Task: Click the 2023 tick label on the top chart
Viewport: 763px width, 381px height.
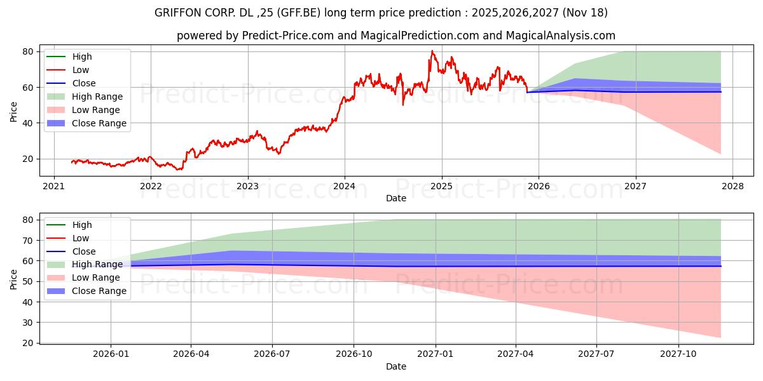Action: tap(247, 187)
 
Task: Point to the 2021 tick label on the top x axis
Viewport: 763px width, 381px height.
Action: tap(53, 187)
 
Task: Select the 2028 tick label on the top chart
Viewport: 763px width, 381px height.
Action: tap(732, 187)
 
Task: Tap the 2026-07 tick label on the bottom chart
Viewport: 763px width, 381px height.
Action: tap(272, 355)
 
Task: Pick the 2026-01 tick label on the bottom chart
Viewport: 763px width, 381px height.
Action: tap(111, 355)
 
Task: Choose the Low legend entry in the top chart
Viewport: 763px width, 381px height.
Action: tap(81, 70)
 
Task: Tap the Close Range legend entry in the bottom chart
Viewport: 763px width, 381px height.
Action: tap(99, 291)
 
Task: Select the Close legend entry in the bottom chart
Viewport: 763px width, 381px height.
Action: tap(84, 251)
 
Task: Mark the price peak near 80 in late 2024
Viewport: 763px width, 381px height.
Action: tap(432, 51)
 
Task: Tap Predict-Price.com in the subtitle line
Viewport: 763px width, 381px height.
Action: tap(288, 36)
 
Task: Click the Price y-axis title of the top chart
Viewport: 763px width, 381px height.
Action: tap(14, 111)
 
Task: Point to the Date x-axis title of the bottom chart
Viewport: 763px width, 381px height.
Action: tap(395, 366)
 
